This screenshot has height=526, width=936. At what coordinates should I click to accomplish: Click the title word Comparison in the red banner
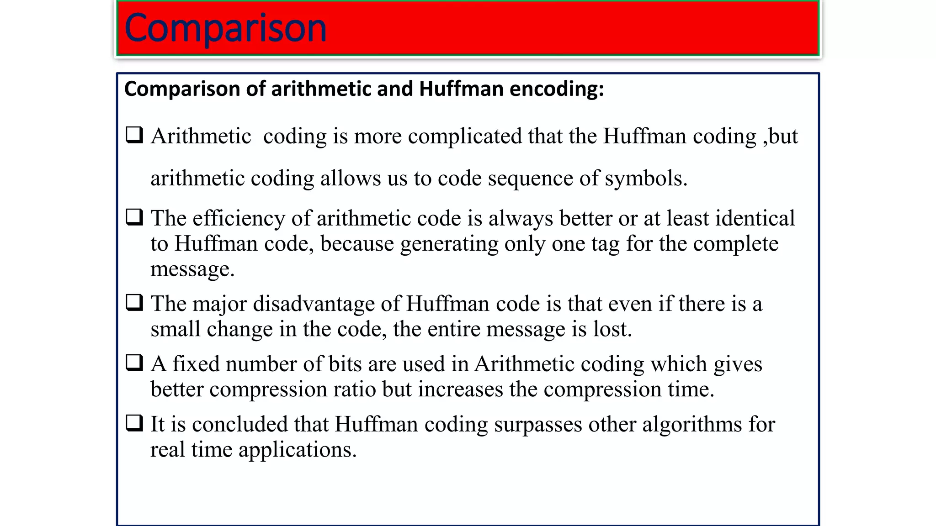point(225,28)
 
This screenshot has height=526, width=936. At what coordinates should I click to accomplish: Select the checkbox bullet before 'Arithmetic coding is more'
point(134,135)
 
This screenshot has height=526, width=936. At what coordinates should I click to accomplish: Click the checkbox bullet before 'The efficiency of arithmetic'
point(134,217)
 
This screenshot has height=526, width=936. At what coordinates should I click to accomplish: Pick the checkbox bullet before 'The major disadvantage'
point(134,303)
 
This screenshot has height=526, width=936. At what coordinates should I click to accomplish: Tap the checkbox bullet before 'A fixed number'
point(134,363)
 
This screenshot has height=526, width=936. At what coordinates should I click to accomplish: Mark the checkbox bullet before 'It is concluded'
point(134,423)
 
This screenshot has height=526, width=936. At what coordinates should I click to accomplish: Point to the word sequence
point(530,179)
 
